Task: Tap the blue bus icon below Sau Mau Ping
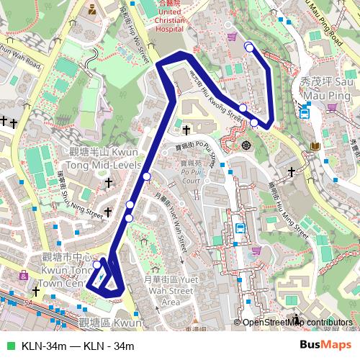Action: [305, 112]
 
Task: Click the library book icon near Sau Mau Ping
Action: [315, 148]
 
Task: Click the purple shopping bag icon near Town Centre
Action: [24, 275]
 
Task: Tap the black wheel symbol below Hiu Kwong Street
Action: [246, 145]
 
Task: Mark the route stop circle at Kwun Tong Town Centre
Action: [97, 265]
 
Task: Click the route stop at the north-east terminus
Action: [248, 47]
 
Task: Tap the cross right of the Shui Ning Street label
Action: [108, 212]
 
